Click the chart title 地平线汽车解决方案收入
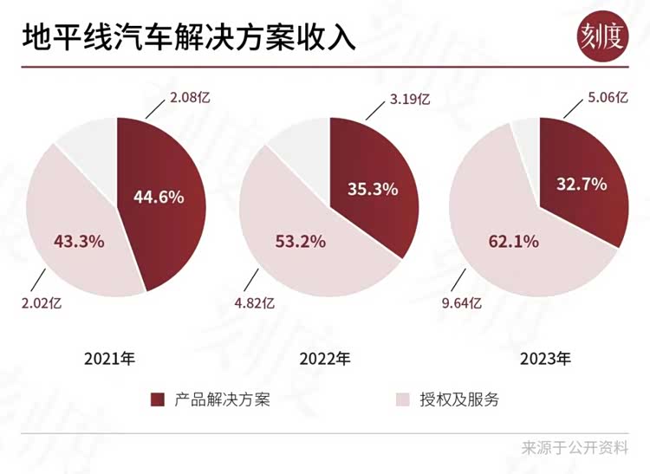[x=187, y=38]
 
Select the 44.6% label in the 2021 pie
[x=159, y=197]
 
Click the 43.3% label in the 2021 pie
[x=79, y=241]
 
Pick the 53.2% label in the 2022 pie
[x=301, y=241]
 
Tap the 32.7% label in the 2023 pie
[x=581, y=184]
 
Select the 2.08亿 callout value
[x=191, y=97]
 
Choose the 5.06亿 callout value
[x=608, y=98]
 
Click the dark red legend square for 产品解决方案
[x=158, y=399]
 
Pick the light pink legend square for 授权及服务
[x=402, y=399]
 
